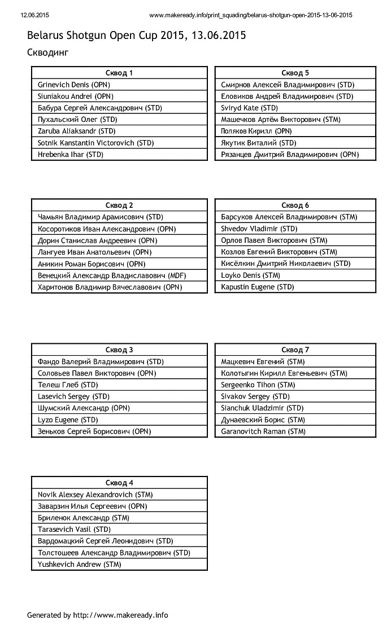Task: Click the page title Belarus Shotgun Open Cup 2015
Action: click(136, 36)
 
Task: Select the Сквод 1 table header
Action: click(120, 73)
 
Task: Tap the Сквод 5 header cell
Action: click(295, 73)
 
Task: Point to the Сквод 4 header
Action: click(120, 483)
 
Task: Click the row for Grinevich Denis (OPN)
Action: click(74, 85)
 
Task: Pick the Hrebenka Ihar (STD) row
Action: click(71, 154)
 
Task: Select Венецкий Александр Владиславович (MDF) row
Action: click(112, 276)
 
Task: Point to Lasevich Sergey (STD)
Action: click(73, 396)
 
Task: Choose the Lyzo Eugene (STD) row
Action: click(68, 419)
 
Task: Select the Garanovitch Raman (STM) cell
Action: click(263, 431)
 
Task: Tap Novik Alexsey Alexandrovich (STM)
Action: click(95, 495)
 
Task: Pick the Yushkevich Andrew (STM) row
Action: click(80, 564)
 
